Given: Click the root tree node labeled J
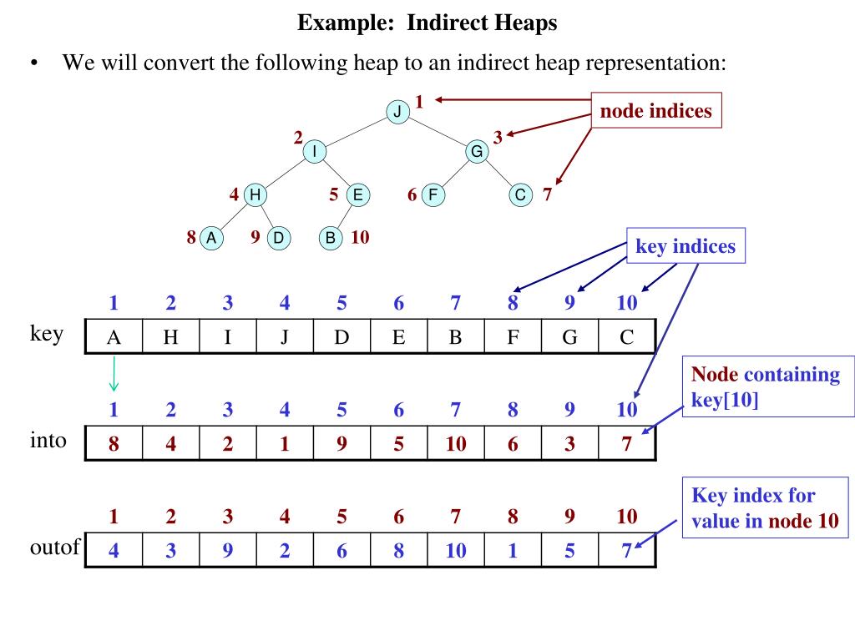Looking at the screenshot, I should click(397, 111).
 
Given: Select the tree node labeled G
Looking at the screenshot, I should click(477, 151).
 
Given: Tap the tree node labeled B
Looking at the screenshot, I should click(331, 238).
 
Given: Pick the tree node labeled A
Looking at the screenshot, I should click(211, 238).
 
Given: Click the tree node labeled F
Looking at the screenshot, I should click(433, 195).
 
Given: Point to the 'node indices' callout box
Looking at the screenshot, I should click(655, 112).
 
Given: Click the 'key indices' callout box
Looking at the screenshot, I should click(686, 247).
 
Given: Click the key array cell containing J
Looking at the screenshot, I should click(285, 337).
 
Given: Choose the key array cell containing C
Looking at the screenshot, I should click(627, 337).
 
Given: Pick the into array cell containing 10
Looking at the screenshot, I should click(456, 443).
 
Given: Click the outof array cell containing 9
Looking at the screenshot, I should click(228, 550).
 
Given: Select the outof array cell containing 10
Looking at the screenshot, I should click(456, 550).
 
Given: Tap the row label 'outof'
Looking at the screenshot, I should click(53, 548).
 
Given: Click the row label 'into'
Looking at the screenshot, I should click(47, 440).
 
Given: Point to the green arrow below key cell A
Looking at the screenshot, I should click(114, 375).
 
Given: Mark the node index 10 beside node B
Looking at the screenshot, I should click(360, 237).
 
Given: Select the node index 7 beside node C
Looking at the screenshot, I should click(547, 195).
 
